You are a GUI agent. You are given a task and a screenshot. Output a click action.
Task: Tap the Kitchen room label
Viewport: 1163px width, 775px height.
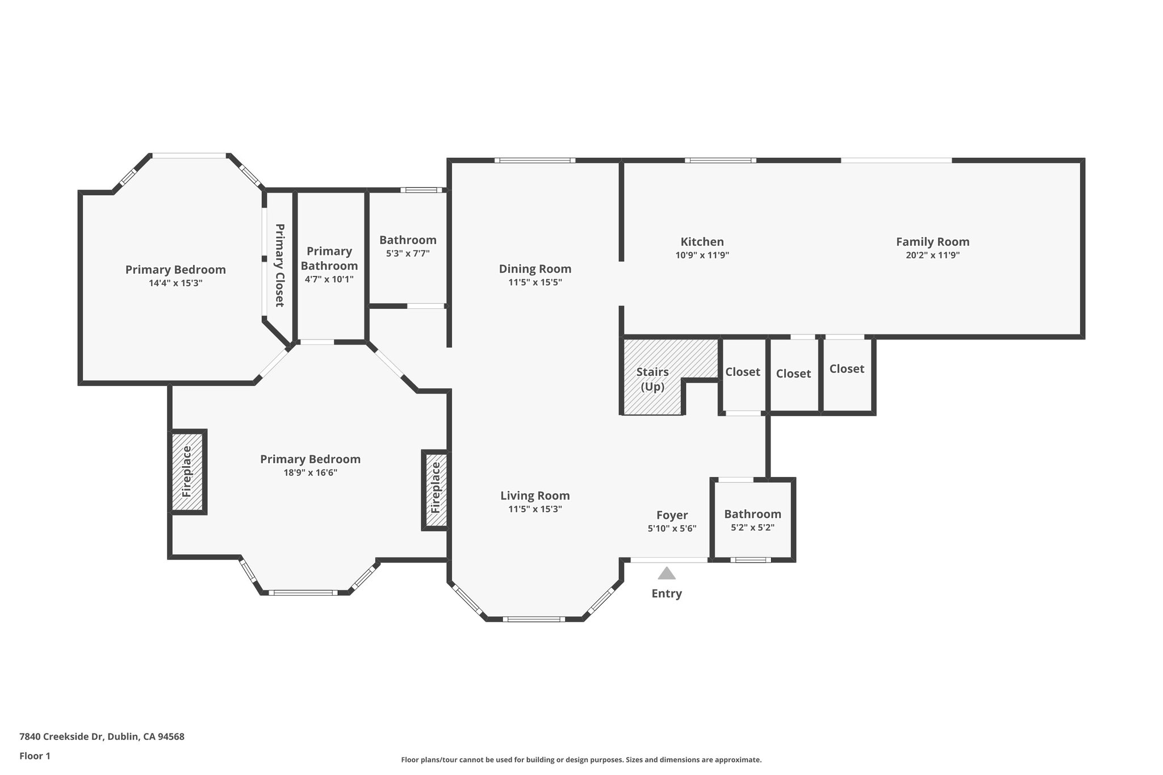point(702,242)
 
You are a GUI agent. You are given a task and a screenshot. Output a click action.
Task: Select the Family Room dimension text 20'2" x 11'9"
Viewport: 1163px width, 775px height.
point(932,255)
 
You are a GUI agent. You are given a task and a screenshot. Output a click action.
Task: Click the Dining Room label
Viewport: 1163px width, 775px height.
point(535,269)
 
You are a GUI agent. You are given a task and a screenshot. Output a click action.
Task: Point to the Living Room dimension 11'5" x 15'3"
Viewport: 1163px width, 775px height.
point(535,509)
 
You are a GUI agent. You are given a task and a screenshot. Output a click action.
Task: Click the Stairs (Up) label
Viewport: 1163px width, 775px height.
point(652,379)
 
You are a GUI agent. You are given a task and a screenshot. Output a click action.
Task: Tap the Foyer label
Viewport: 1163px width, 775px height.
point(672,515)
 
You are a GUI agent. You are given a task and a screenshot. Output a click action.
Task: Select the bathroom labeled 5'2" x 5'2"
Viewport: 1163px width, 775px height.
point(752,520)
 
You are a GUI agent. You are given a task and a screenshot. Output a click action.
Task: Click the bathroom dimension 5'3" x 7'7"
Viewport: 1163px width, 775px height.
point(408,254)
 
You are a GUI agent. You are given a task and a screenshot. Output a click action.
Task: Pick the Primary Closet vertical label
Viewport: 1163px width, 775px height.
point(279,265)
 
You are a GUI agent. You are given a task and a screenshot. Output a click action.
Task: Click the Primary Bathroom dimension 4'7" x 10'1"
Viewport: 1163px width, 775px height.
point(329,279)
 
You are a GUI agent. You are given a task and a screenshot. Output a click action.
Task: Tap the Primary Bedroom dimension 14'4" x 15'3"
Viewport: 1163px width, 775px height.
point(175,283)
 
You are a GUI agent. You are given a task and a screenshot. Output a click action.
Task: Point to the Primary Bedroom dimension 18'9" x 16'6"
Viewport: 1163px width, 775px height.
point(310,472)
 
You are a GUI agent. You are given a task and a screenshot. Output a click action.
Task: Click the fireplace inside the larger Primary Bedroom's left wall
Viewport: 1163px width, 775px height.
point(187,472)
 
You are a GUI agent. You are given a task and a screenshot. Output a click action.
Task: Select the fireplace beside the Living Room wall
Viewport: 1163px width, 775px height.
point(436,490)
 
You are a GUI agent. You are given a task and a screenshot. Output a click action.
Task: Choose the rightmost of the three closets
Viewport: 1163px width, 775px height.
point(847,374)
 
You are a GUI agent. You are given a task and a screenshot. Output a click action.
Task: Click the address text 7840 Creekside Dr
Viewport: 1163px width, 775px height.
point(61,737)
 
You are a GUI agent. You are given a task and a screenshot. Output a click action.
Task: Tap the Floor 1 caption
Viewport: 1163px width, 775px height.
point(35,756)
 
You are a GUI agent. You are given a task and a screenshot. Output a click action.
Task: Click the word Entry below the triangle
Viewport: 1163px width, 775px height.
point(667,593)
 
